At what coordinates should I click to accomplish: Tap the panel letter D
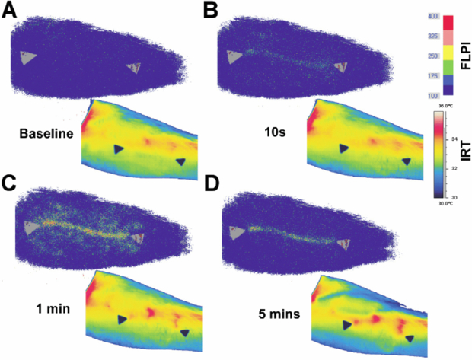click(x=212, y=183)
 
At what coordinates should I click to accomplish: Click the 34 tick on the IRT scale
click(x=454, y=139)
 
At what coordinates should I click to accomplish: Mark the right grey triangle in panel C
click(x=137, y=239)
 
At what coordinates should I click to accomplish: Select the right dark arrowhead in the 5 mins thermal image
click(x=410, y=337)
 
